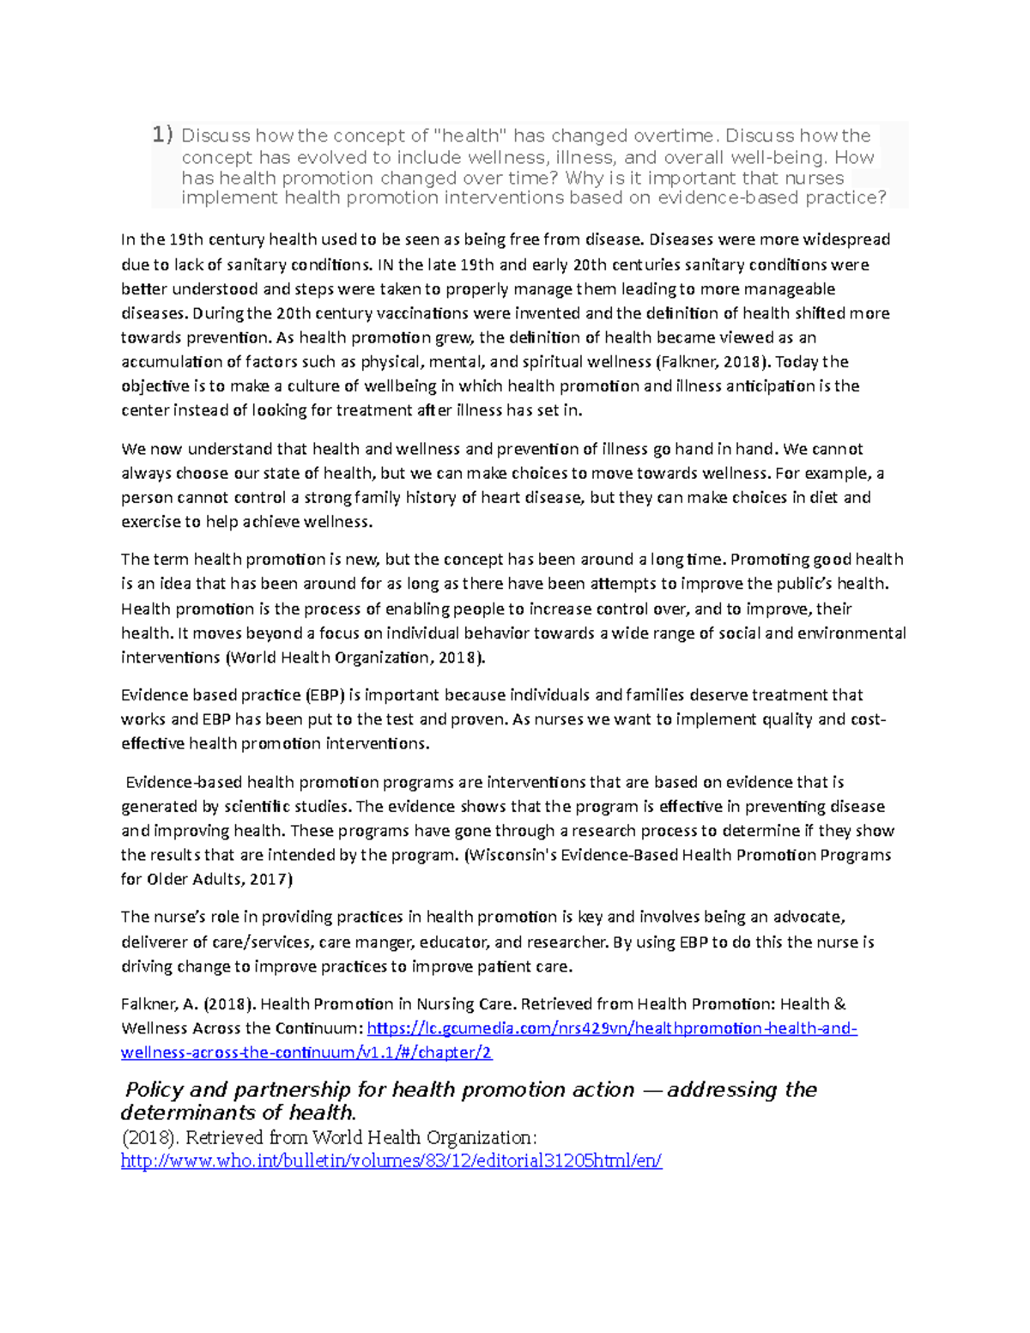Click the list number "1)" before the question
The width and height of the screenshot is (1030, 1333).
point(162,135)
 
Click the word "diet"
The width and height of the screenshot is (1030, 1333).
point(823,497)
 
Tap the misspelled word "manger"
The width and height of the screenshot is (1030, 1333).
point(391,942)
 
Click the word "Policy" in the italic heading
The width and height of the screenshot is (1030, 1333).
point(154,1089)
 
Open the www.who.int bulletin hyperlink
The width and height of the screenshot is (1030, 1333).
point(391,1161)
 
